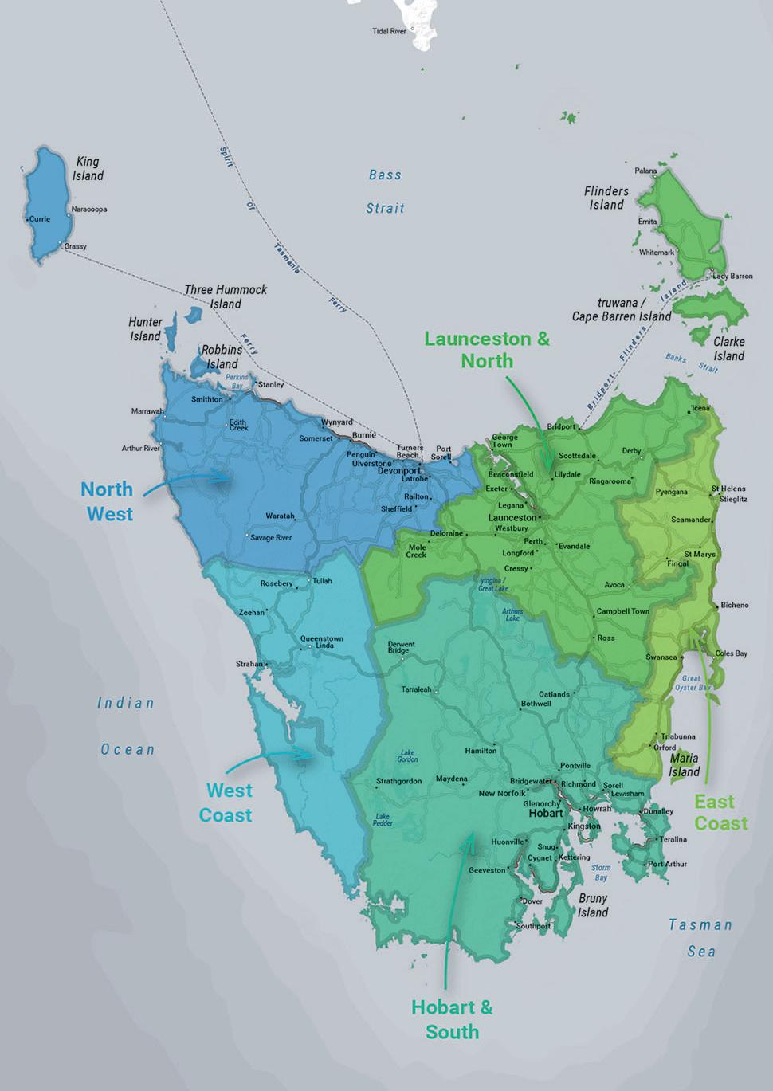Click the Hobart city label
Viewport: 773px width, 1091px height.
click(546, 814)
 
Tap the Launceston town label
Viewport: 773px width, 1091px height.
click(512, 517)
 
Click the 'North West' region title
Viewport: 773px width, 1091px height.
click(107, 501)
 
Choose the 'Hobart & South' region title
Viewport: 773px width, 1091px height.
click(452, 1019)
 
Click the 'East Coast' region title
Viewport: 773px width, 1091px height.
click(720, 812)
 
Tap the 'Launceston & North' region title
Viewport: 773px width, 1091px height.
click(487, 349)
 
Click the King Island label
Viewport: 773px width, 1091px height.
click(88, 168)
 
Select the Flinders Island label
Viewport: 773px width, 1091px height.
click(606, 198)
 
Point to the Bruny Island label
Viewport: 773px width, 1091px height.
click(593, 905)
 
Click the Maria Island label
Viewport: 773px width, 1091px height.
click(684, 765)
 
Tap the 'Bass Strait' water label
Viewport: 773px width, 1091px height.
click(386, 191)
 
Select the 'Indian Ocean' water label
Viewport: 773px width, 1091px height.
click(127, 726)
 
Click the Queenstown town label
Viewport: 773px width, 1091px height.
click(322, 638)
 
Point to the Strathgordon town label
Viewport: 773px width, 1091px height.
click(398, 781)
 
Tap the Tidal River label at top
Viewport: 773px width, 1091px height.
click(389, 31)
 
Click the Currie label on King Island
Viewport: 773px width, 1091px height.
click(40, 218)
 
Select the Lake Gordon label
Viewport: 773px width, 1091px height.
click(407, 755)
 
